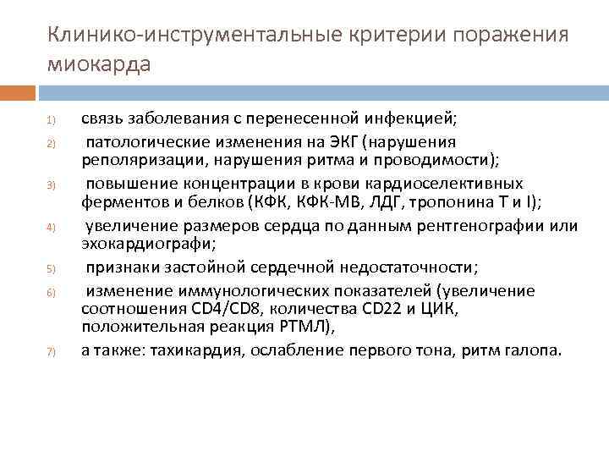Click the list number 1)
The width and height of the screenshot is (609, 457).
point(51,118)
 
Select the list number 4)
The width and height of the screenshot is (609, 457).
point(51,227)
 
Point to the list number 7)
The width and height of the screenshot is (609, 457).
point(51,352)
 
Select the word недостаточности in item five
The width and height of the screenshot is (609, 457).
point(412,267)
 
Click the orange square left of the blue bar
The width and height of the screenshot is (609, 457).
point(17,92)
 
